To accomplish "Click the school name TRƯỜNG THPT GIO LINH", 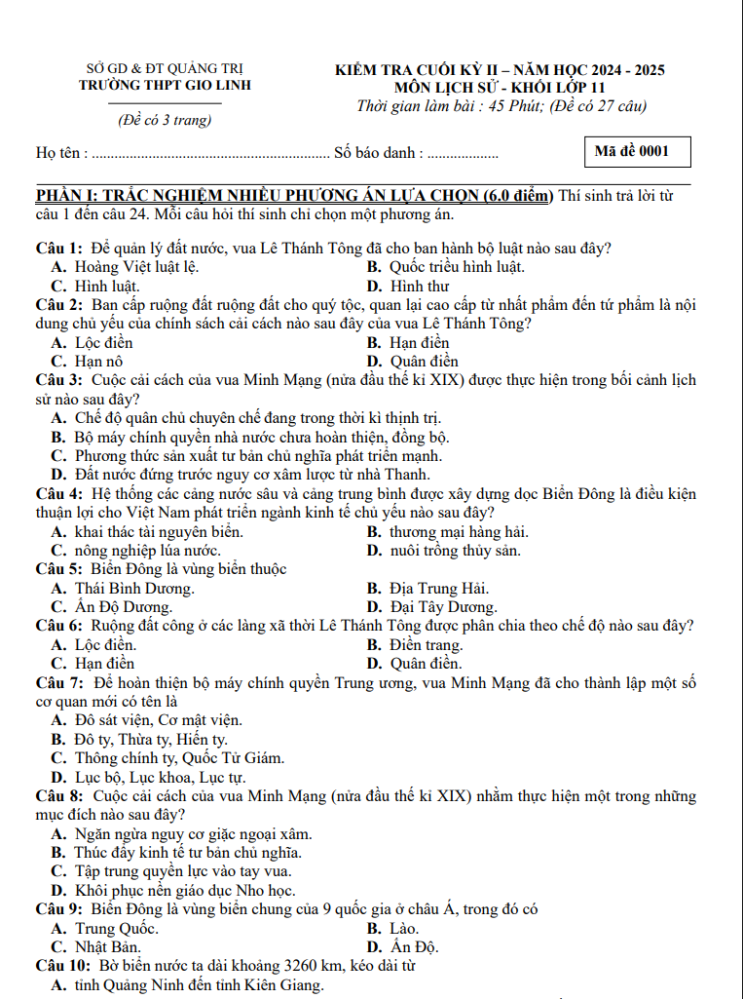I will tap(165, 85).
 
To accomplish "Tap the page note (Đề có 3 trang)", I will tap(165, 121).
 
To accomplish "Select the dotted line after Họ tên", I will tap(210, 154).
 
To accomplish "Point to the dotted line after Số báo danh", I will tap(463, 154).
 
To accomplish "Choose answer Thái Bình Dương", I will tap(134, 589).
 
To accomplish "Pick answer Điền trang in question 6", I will tap(426, 645).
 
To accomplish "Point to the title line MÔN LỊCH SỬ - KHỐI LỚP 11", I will tap(500, 88).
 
